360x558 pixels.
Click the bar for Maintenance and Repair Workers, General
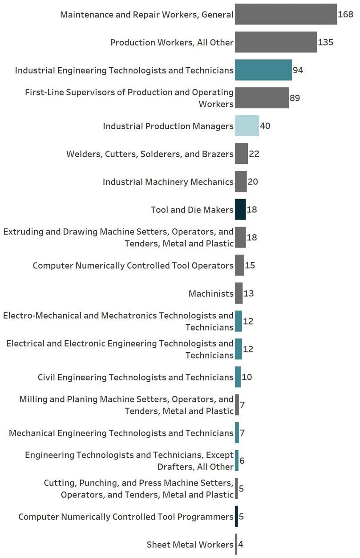pyautogui.click(x=286, y=14)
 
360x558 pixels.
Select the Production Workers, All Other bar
pyautogui.click(x=276, y=42)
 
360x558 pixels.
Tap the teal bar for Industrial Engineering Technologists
pyautogui.click(x=263, y=70)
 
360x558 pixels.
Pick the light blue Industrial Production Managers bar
pyautogui.click(x=247, y=126)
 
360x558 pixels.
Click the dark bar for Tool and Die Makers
pyautogui.click(x=240, y=210)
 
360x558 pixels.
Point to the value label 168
pyautogui.click(x=345, y=14)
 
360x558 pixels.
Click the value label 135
pyautogui.click(x=326, y=42)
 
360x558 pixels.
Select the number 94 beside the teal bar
pyautogui.click(x=298, y=70)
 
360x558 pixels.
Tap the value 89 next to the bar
pyautogui.click(x=295, y=98)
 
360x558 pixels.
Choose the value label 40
pyautogui.click(x=265, y=126)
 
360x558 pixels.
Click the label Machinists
pyautogui.click(x=211, y=293)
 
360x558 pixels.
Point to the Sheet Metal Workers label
pyautogui.click(x=190, y=545)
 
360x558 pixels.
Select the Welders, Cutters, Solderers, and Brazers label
pyautogui.click(x=150, y=154)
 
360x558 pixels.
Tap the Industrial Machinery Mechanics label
pyautogui.click(x=168, y=182)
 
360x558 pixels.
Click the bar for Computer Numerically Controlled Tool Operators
pyautogui.click(x=239, y=265)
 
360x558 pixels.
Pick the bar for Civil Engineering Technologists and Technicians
pyautogui.click(x=238, y=377)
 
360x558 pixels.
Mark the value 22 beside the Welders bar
pyautogui.click(x=254, y=154)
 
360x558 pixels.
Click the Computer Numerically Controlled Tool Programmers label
pyautogui.click(x=126, y=517)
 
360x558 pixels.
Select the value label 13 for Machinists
pyautogui.click(x=249, y=293)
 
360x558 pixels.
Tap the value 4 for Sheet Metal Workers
pyautogui.click(x=241, y=545)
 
